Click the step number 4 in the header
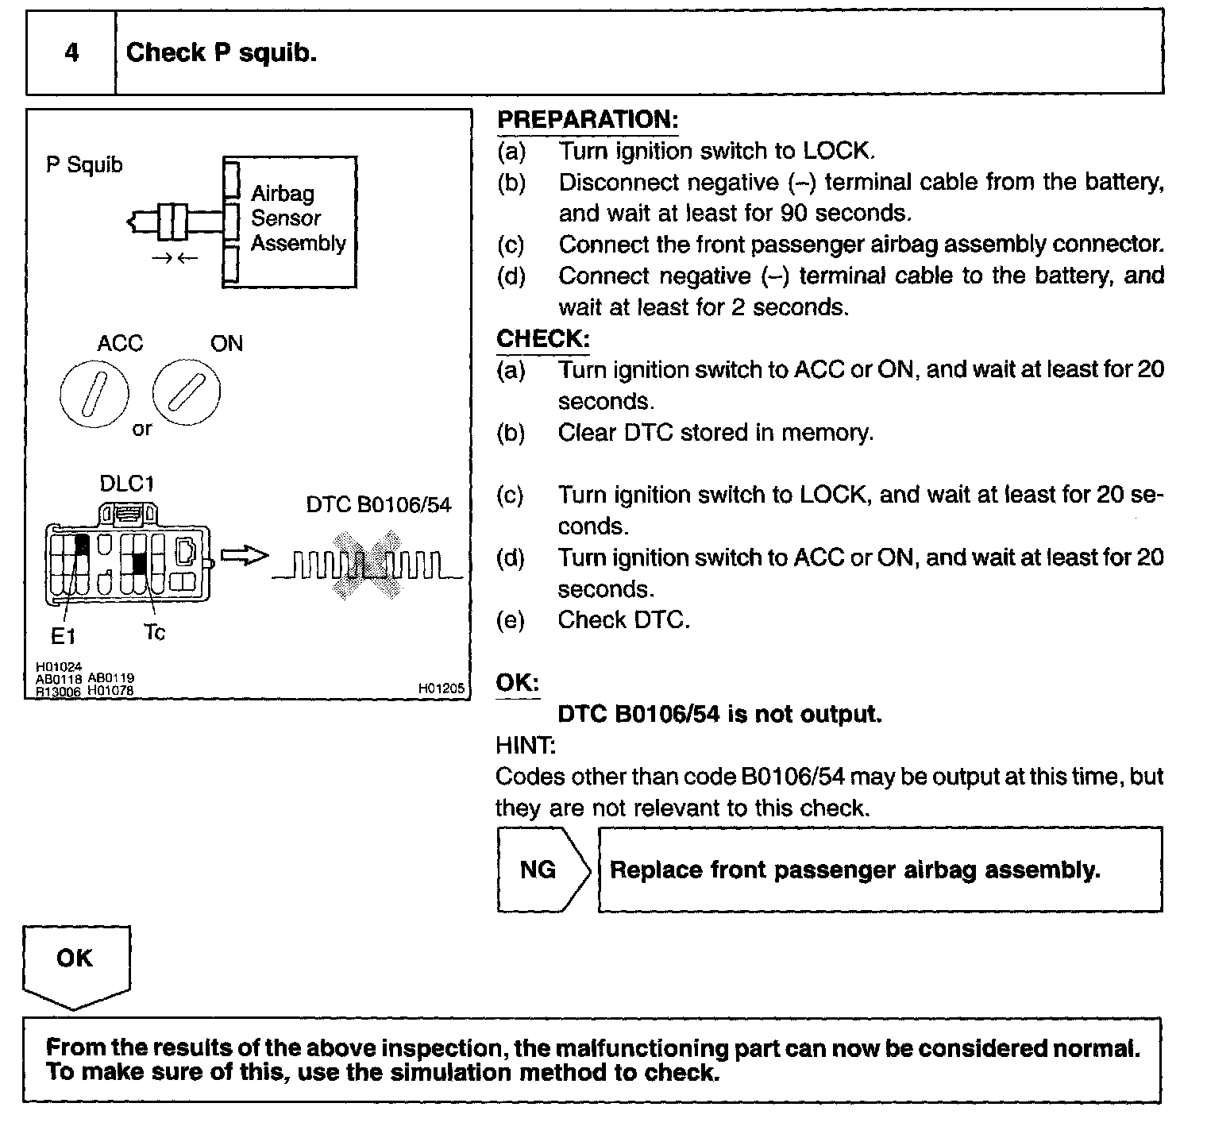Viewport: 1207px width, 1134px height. [x=71, y=53]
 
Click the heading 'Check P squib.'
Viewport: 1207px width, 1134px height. [x=222, y=53]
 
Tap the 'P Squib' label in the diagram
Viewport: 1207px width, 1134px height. [x=84, y=165]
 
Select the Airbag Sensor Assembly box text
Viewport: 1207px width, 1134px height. [x=298, y=218]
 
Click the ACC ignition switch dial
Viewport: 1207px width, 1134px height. [x=94, y=392]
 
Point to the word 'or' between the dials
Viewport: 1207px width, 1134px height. [x=141, y=430]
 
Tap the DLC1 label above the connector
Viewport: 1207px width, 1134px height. [x=126, y=484]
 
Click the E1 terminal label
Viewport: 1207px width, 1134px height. [x=64, y=636]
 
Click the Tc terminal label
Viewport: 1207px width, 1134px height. [x=155, y=633]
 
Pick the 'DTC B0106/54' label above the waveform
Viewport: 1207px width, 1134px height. [x=379, y=505]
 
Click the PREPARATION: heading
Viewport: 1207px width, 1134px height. [x=588, y=120]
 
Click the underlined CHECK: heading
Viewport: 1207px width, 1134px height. [x=543, y=339]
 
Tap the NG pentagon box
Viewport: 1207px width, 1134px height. [x=540, y=870]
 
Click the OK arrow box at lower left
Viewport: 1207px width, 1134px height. [x=75, y=962]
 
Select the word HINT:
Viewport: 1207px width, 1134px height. [x=525, y=746]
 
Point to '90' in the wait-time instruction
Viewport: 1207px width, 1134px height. [x=793, y=213]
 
